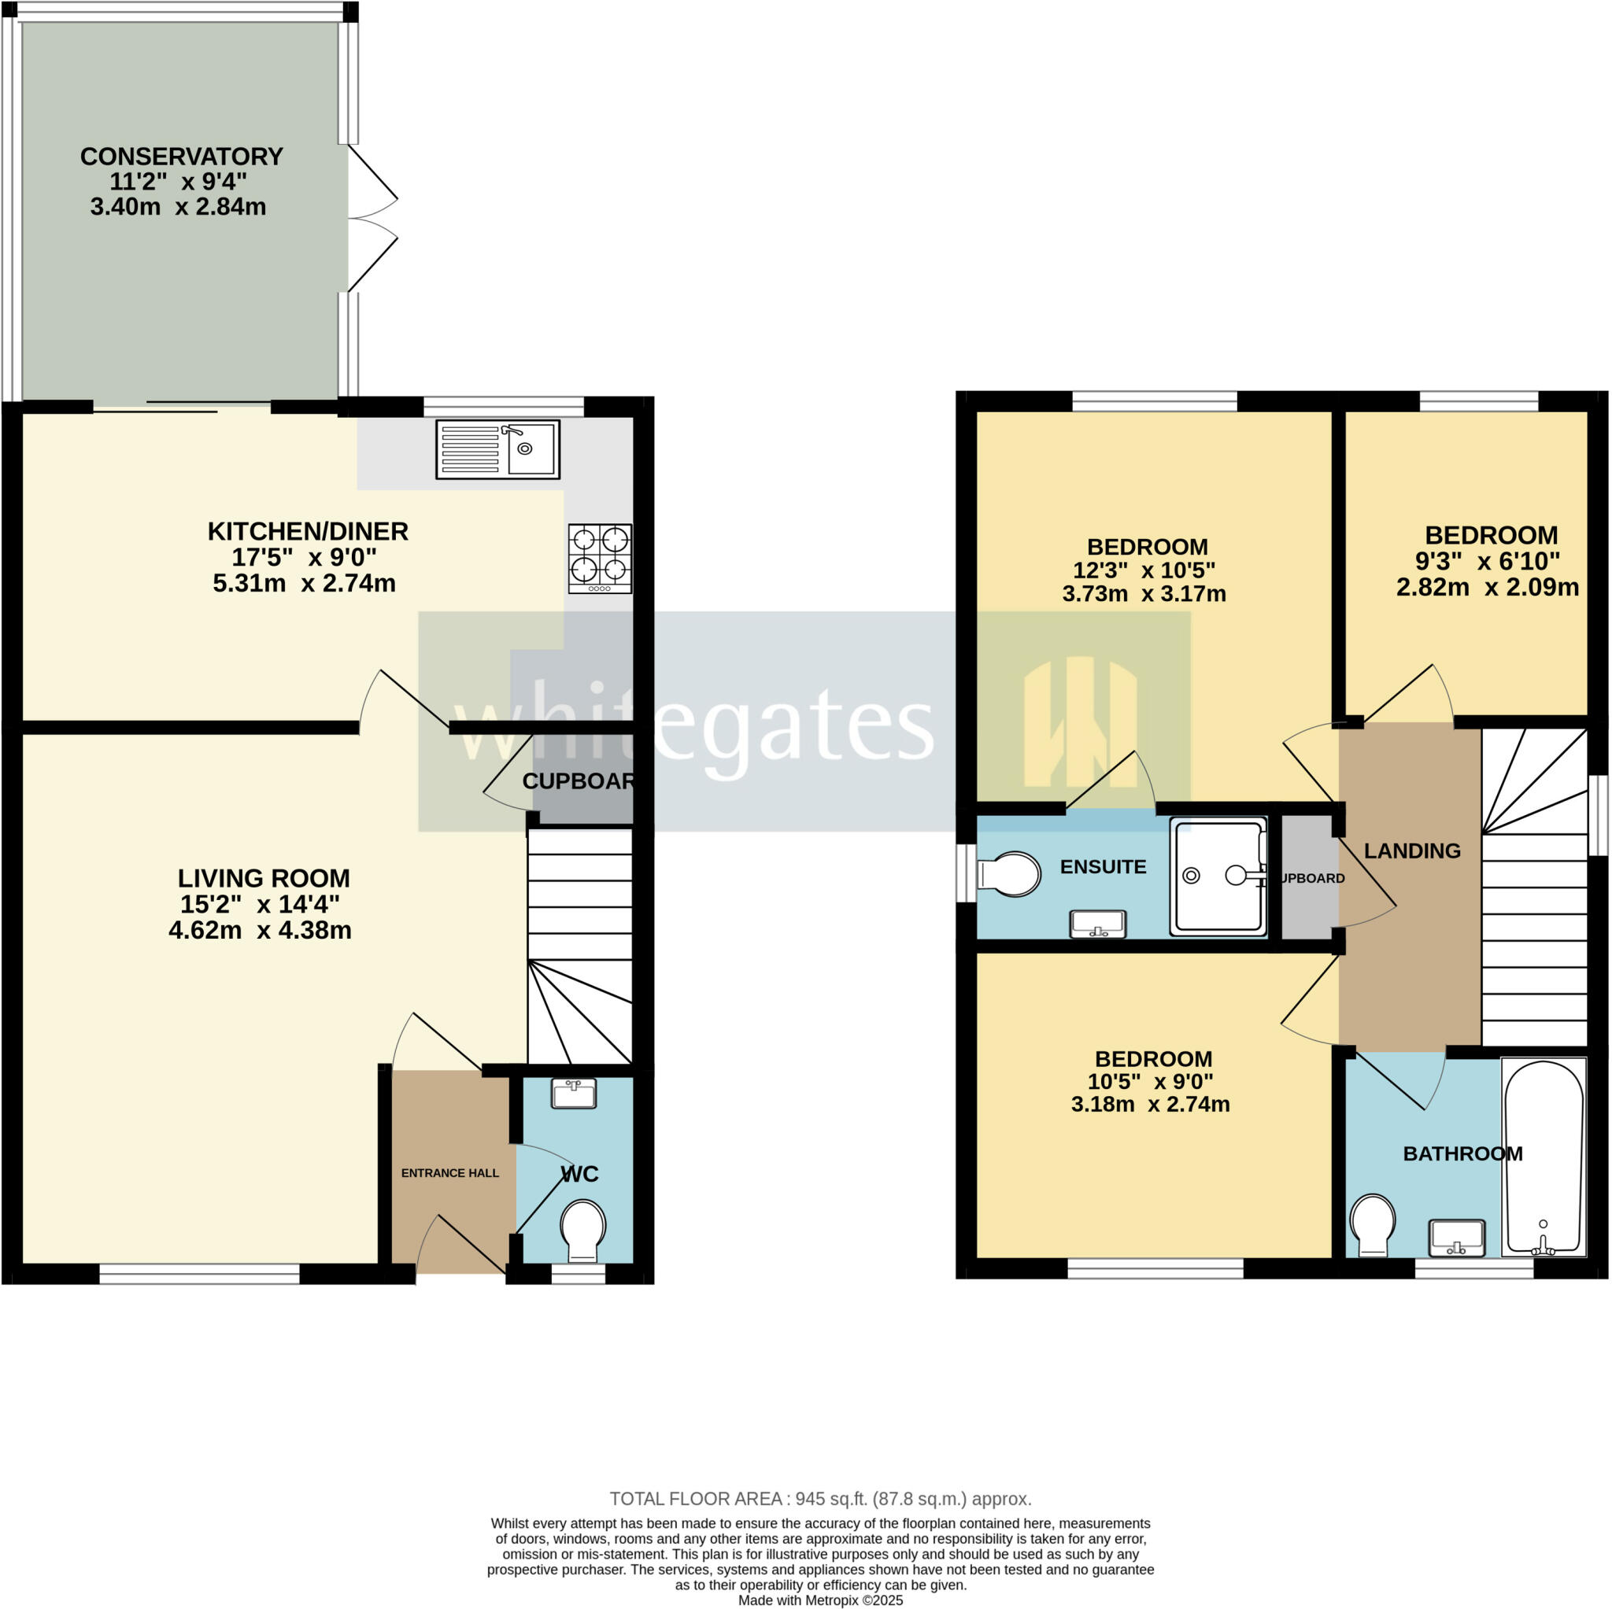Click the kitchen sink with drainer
point(497,449)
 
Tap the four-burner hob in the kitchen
point(600,558)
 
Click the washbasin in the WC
point(574,1094)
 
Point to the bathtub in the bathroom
point(1543,1159)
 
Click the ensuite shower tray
point(1218,876)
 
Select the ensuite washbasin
point(1097,924)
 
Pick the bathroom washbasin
point(1457,1237)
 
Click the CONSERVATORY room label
point(181,157)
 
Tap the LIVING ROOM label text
point(264,878)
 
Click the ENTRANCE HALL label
point(449,1173)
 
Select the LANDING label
point(1412,851)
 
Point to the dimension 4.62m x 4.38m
point(260,930)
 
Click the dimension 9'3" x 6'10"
point(1488,561)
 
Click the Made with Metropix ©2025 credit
point(820,1600)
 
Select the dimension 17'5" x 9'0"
point(304,557)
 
